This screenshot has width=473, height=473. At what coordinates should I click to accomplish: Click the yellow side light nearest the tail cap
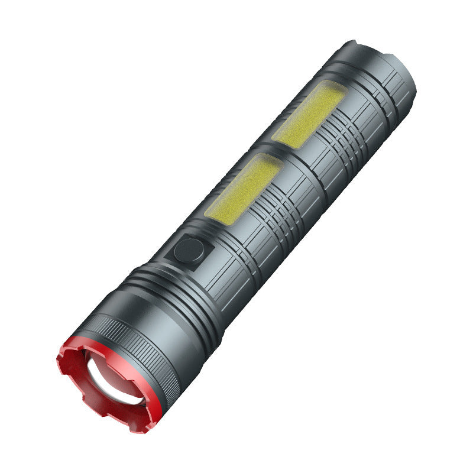309,114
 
